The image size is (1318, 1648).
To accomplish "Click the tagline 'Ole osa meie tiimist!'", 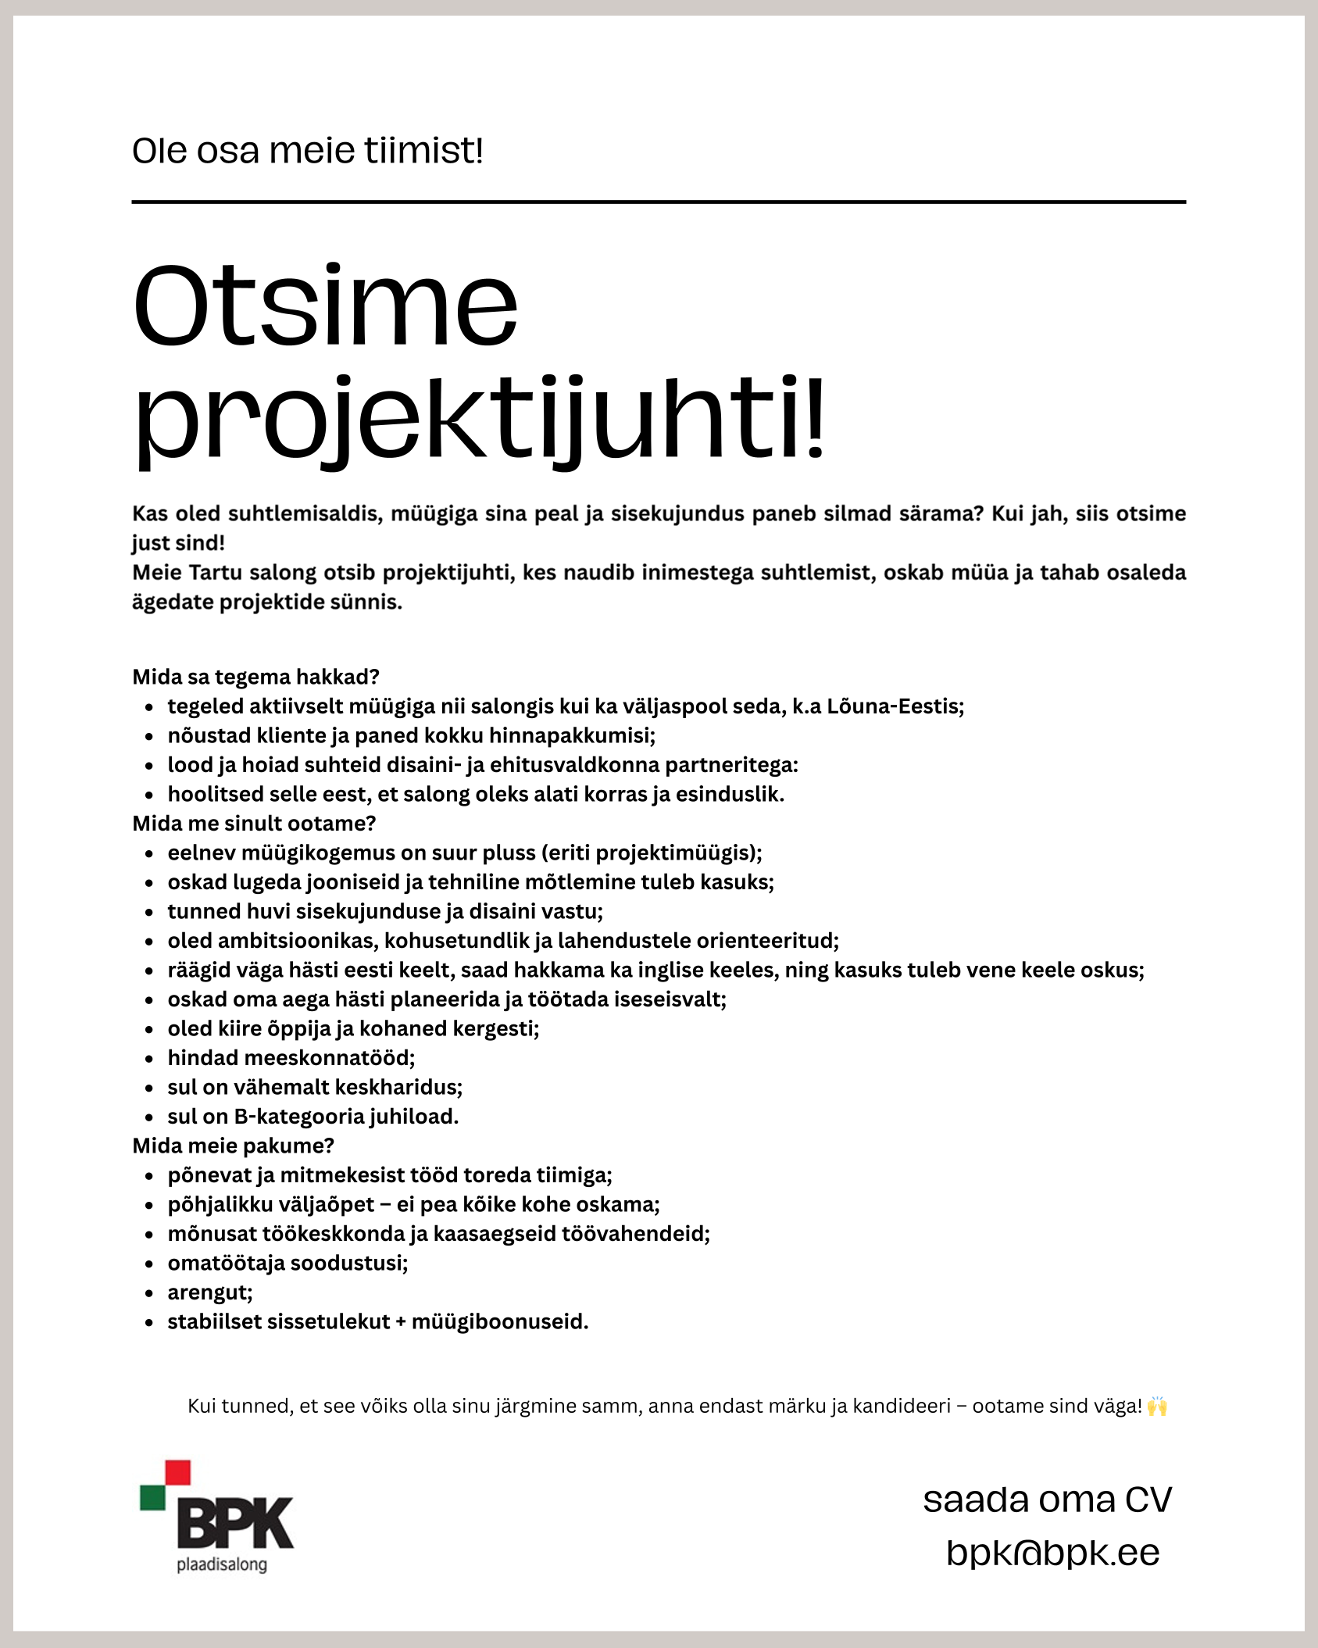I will [307, 151].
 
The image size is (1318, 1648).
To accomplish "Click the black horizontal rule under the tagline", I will [659, 202].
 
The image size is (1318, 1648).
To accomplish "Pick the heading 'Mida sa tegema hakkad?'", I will [255, 677].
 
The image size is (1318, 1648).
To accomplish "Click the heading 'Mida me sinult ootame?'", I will [254, 824].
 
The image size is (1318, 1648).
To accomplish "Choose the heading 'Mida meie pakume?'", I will [233, 1146].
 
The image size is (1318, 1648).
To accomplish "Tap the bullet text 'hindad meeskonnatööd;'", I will [291, 1058].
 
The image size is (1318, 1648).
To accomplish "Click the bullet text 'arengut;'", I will [210, 1292].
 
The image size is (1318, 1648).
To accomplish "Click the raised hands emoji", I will [1157, 1407].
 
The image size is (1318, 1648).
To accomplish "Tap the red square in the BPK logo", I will [178, 1472].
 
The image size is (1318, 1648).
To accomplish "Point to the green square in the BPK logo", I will [152, 1497].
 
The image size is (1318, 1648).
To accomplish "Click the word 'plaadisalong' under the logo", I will [222, 1565].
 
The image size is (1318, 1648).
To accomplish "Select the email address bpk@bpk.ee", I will [1052, 1553].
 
